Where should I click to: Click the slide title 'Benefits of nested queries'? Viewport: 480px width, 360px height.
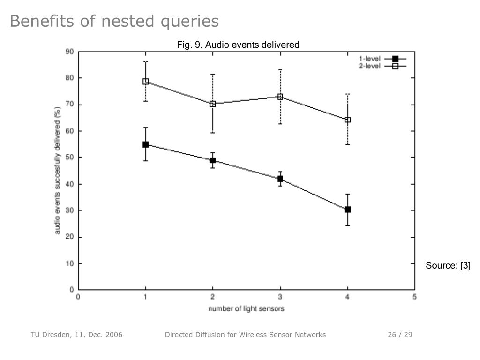[x=114, y=21]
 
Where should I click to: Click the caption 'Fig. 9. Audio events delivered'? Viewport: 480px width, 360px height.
[x=238, y=45]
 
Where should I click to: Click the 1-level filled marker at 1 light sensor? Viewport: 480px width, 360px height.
[x=146, y=144]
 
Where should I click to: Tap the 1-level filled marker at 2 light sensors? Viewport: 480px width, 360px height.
[x=213, y=160]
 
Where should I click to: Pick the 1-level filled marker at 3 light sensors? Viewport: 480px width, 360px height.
[x=280, y=179]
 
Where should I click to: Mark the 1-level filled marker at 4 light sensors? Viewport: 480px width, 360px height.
[x=347, y=210]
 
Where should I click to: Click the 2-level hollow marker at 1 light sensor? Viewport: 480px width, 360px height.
[x=146, y=82]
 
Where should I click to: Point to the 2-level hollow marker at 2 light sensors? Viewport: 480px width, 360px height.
[x=213, y=104]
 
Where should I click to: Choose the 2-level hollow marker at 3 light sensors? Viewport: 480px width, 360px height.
[x=280, y=97]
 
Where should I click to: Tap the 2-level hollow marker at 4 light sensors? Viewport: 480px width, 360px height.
[x=347, y=120]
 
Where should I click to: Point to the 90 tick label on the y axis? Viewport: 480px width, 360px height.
[x=69, y=51]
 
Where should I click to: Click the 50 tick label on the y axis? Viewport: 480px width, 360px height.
[x=69, y=157]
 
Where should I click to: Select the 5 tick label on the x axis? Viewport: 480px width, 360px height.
[x=414, y=296]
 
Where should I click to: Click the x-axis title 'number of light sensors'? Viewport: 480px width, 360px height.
[x=246, y=308]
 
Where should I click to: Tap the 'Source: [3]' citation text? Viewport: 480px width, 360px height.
[x=448, y=266]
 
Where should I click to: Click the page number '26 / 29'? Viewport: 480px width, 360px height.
[x=400, y=334]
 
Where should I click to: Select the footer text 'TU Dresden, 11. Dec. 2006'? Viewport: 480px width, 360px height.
[x=76, y=334]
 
